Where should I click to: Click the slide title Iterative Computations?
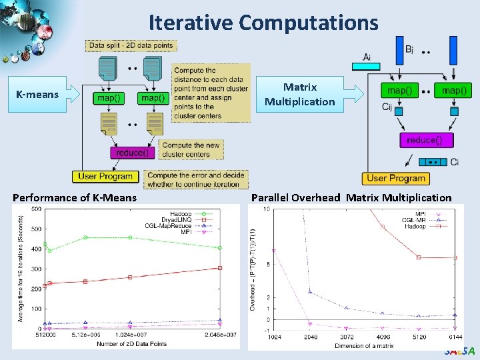point(263,23)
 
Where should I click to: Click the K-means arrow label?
point(37,95)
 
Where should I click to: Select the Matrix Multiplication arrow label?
point(299,94)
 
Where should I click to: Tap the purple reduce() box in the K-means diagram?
point(133,153)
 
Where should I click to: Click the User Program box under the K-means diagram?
point(106,177)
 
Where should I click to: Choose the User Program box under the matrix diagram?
point(397,178)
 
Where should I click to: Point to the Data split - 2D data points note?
point(131,46)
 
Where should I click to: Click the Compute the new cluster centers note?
point(191,150)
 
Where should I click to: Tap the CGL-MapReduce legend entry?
point(193,226)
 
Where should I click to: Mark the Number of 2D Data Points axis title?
point(130,343)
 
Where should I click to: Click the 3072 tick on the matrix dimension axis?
point(345,337)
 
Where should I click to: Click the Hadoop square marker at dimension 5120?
point(418,257)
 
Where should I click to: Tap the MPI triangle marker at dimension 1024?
point(274,251)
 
